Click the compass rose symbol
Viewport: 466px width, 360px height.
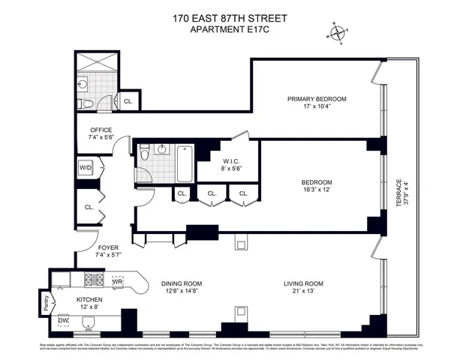(339, 32)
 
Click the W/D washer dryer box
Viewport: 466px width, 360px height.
(85, 168)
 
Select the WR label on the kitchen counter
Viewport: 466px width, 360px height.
(118, 282)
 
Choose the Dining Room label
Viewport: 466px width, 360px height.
(182, 283)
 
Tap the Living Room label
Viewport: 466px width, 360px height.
(303, 283)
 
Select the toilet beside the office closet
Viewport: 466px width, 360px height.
(86, 103)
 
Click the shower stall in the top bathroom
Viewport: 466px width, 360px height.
(98, 61)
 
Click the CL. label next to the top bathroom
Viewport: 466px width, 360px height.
(128, 100)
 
